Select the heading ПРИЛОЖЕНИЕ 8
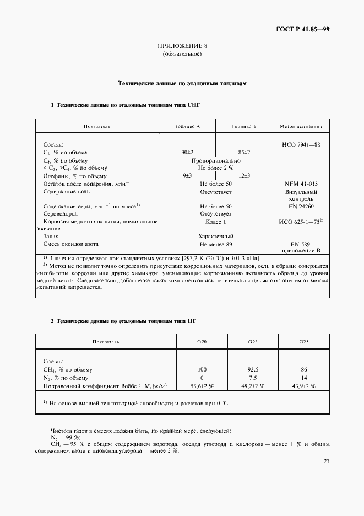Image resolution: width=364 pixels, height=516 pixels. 182,46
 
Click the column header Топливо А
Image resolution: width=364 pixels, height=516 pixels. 187,126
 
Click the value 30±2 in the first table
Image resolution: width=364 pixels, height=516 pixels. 187,152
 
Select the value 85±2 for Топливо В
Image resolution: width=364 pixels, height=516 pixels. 244,152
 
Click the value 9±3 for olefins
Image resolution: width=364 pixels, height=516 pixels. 187,175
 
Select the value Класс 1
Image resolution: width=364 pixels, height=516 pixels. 216,221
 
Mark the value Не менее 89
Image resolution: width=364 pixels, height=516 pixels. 216,244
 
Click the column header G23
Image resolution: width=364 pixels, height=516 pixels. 253,342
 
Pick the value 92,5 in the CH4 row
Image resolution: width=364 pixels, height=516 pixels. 253,369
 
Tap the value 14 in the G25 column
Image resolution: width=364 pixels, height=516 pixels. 304,378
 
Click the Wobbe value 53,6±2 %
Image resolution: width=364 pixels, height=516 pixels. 202,386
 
